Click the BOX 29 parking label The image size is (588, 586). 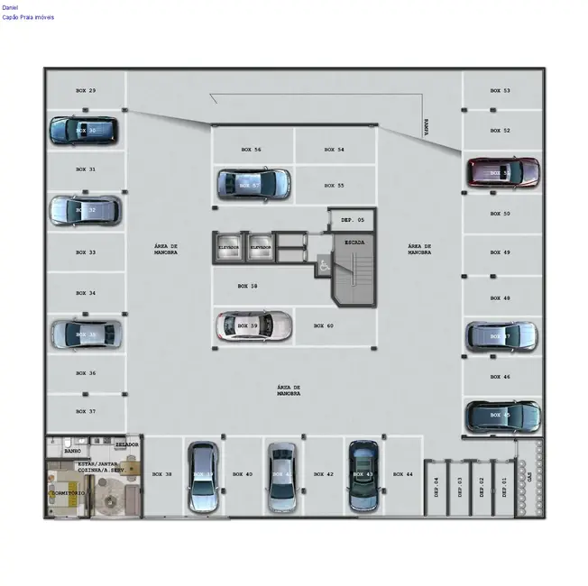tap(86, 91)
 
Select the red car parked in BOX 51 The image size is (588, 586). tap(502, 172)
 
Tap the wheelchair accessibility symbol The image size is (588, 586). tap(323, 266)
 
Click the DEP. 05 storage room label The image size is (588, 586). tap(352, 219)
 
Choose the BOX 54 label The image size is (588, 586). tap(334, 150)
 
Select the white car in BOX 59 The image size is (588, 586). tap(253, 325)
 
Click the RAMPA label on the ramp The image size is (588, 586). tap(425, 127)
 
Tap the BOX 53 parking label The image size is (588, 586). tap(500, 91)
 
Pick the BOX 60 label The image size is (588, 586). tap(324, 325)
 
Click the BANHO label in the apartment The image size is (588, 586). tap(73, 450)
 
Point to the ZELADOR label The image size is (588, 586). tap(127, 444)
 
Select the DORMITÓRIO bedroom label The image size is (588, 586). tap(69, 493)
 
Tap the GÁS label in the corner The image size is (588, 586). tap(529, 474)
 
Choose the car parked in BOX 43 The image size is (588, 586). tap(363, 473)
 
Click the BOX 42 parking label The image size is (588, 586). tap(323, 474)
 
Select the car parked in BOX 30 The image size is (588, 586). tap(84, 131)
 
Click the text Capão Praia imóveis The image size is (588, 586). tap(28, 17)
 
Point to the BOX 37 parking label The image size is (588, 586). tap(86, 411)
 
